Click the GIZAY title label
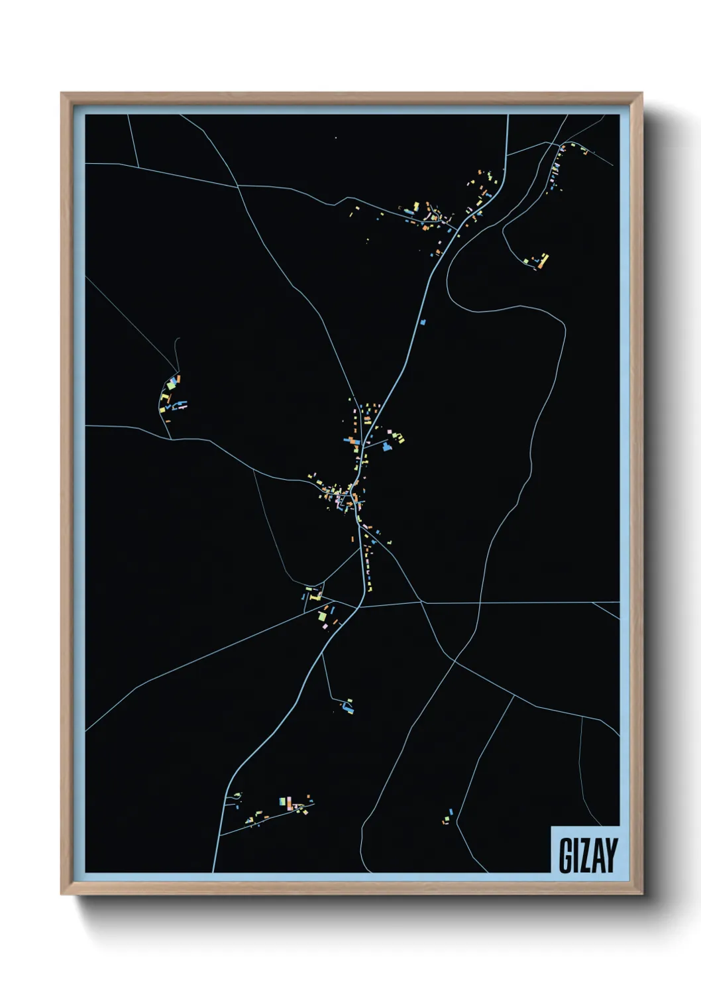pos(588,855)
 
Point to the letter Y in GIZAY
pos(610,855)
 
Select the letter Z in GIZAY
pos(585,855)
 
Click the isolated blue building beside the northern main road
pos(423,322)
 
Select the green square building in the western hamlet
pos(170,384)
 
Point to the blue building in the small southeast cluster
pos(451,811)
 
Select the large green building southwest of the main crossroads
pos(323,617)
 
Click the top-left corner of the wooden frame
pos(62,93)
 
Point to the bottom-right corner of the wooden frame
pos(641,894)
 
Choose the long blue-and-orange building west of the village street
pos(351,440)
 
